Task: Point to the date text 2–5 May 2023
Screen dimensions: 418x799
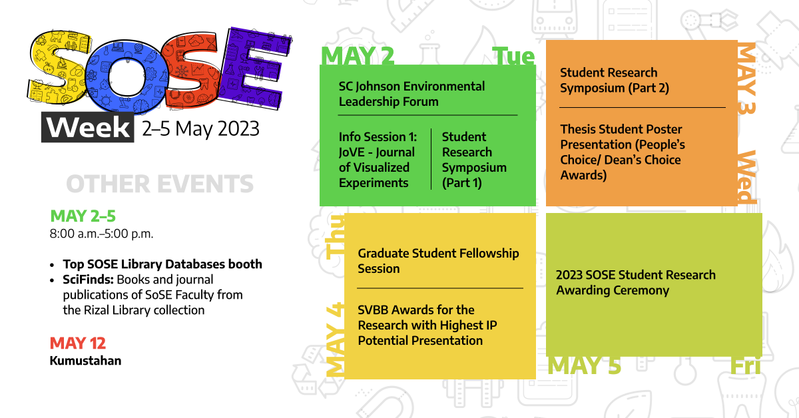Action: [x=200, y=128]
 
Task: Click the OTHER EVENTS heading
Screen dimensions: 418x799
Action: [x=160, y=184]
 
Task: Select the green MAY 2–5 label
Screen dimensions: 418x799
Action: [x=83, y=216]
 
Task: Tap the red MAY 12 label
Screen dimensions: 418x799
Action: [x=78, y=343]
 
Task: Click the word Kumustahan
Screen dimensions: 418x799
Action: [x=85, y=361]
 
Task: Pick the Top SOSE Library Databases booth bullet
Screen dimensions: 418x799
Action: [x=162, y=264]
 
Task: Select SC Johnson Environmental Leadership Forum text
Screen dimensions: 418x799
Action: [x=411, y=94]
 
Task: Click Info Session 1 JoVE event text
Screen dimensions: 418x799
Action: [x=377, y=160]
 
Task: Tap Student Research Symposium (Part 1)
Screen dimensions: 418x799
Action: [x=474, y=160]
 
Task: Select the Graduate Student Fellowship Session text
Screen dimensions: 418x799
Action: [x=438, y=261]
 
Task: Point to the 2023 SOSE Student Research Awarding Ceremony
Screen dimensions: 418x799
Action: [x=636, y=282]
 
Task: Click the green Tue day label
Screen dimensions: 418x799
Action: [x=513, y=57]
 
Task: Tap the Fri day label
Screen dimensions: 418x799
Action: [x=745, y=365]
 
